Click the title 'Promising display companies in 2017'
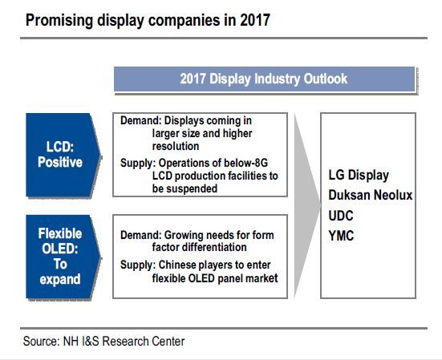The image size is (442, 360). (x=148, y=20)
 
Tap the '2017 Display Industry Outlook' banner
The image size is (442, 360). (x=265, y=79)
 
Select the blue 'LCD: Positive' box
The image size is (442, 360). (x=63, y=155)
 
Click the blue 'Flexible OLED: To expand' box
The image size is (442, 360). (x=63, y=257)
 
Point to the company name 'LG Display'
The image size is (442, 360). (x=359, y=176)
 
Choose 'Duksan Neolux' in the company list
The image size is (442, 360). (x=371, y=195)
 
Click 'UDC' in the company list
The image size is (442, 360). (x=341, y=216)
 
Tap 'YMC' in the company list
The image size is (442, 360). (x=341, y=236)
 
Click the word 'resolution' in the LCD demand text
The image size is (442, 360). (x=176, y=146)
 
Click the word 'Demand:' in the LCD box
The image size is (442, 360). (x=141, y=120)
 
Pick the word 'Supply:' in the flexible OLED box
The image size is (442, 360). (x=138, y=265)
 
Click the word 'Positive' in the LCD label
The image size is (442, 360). (x=60, y=162)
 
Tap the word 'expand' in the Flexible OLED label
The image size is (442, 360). (x=60, y=279)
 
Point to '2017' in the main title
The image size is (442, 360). (x=255, y=20)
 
